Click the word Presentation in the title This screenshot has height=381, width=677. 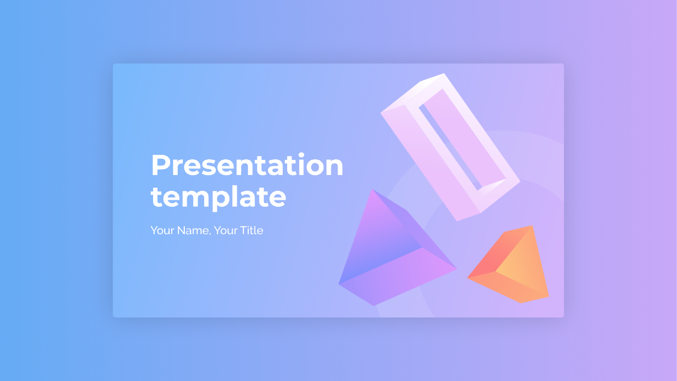click(247, 165)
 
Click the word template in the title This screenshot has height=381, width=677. click(218, 198)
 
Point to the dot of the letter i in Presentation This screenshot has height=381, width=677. click(301, 155)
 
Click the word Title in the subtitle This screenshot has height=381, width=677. click(251, 231)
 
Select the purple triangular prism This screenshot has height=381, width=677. click(398, 248)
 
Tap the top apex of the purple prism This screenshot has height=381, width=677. click(372, 189)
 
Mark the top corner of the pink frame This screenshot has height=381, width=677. click(444, 73)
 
